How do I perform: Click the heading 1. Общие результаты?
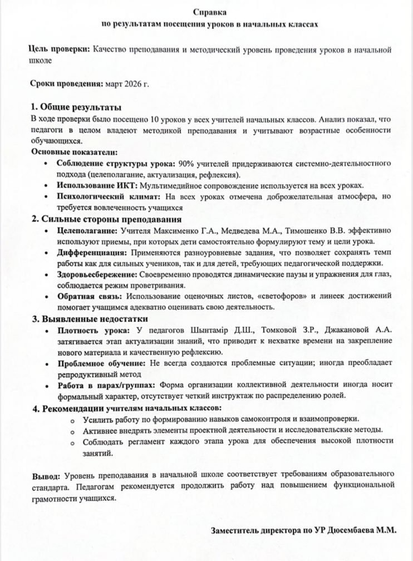[x=76, y=107]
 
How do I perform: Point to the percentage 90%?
[x=185, y=164]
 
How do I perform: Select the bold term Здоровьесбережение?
[x=96, y=274]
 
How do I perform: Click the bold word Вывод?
[x=46, y=476]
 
